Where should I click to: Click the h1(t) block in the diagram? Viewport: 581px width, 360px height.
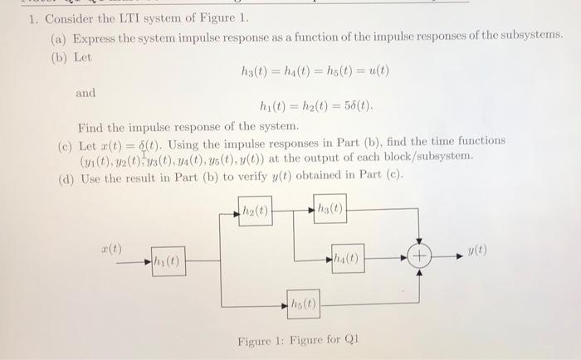pos(167,264)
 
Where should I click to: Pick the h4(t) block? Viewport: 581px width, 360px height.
pos(349,258)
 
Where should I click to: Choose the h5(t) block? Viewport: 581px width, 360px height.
pos(303,304)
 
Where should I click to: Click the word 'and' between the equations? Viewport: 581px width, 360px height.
pos(85,93)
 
